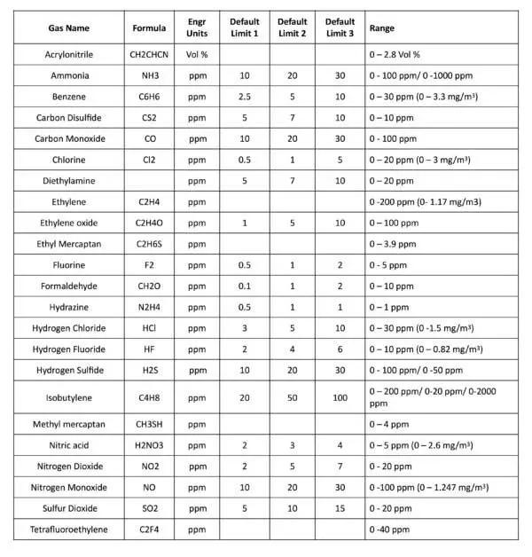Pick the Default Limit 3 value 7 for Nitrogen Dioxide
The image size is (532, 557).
340,467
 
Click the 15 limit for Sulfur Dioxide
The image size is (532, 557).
340,508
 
